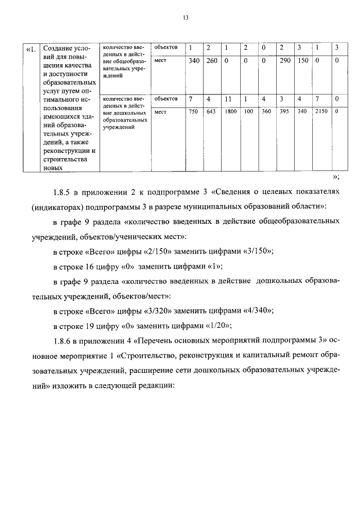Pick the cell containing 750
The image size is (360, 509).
coord(193,111)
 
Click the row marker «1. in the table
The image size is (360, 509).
coord(31,48)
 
